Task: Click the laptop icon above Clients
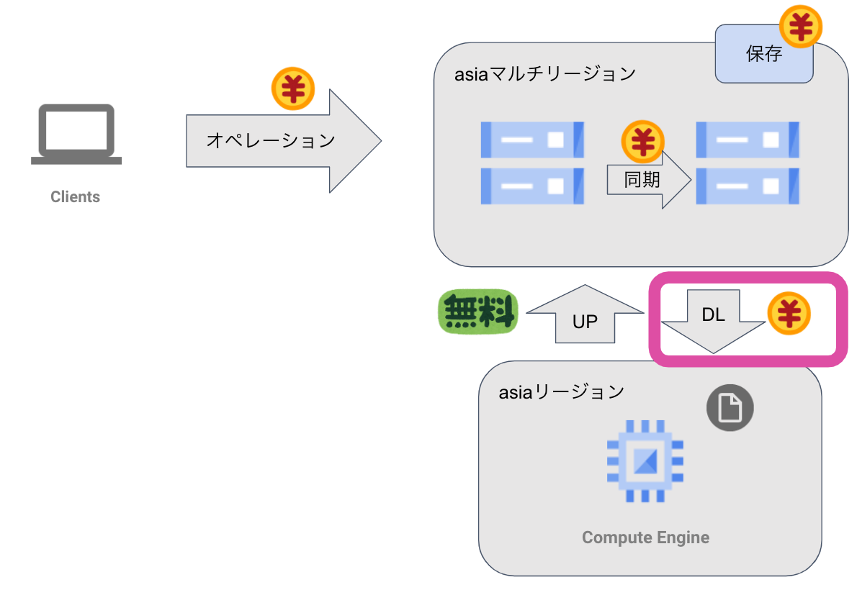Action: point(76,135)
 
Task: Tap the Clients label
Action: point(75,196)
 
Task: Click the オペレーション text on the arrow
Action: point(271,140)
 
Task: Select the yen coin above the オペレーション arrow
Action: point(293,89)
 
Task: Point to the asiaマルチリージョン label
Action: point(545,74)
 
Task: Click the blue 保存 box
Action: point(763,55)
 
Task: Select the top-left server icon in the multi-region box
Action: point(532,140)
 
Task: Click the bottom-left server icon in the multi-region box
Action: point(532,186)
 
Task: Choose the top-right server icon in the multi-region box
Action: point(748,140)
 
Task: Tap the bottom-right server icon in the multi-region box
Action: point(748,186)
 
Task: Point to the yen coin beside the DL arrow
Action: point(789,314)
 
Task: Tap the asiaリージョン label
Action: point(562,392)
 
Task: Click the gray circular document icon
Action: point(730,409)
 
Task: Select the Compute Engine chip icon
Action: point(645,460)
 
